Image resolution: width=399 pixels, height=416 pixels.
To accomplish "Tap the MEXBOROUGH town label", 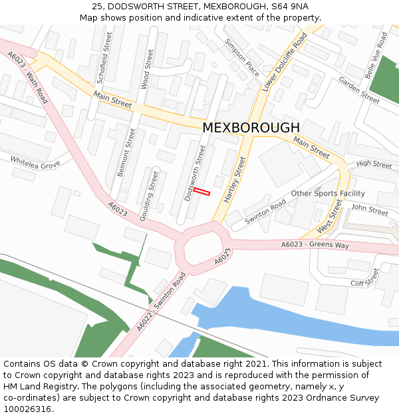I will pos(251,127).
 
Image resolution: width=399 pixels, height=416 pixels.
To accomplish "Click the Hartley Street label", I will pos(235,180).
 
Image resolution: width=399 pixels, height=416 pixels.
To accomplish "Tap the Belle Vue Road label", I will pos(378,54).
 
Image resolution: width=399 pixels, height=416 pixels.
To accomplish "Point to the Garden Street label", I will pos(358,90).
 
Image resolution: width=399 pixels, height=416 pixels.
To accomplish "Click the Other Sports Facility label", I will pos(328,194).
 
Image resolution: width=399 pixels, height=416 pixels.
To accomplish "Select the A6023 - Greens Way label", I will pos(315,245).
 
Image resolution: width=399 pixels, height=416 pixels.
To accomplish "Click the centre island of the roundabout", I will pos(202,249).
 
